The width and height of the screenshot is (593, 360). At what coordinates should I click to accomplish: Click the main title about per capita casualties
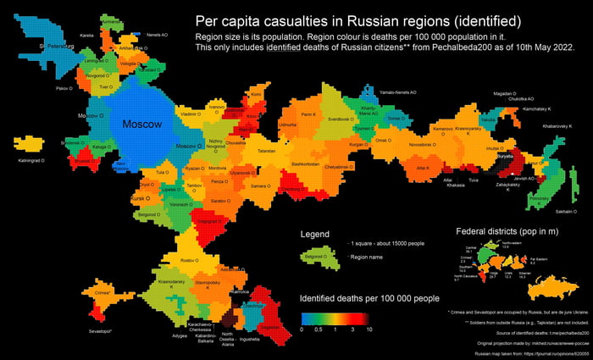[x=357, y=20]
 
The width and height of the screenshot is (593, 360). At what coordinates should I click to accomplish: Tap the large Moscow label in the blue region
[x=142, y=125]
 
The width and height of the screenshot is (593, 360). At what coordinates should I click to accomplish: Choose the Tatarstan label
[x=267, y=151]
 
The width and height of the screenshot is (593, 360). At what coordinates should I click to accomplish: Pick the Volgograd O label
[x=208, y=221]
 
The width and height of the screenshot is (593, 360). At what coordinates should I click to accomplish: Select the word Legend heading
[x=315, y=233]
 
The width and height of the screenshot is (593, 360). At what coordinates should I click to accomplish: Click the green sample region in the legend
[x=316, y=257]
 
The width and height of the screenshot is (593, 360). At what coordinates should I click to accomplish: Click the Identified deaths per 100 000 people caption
[x=369, y=298]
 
